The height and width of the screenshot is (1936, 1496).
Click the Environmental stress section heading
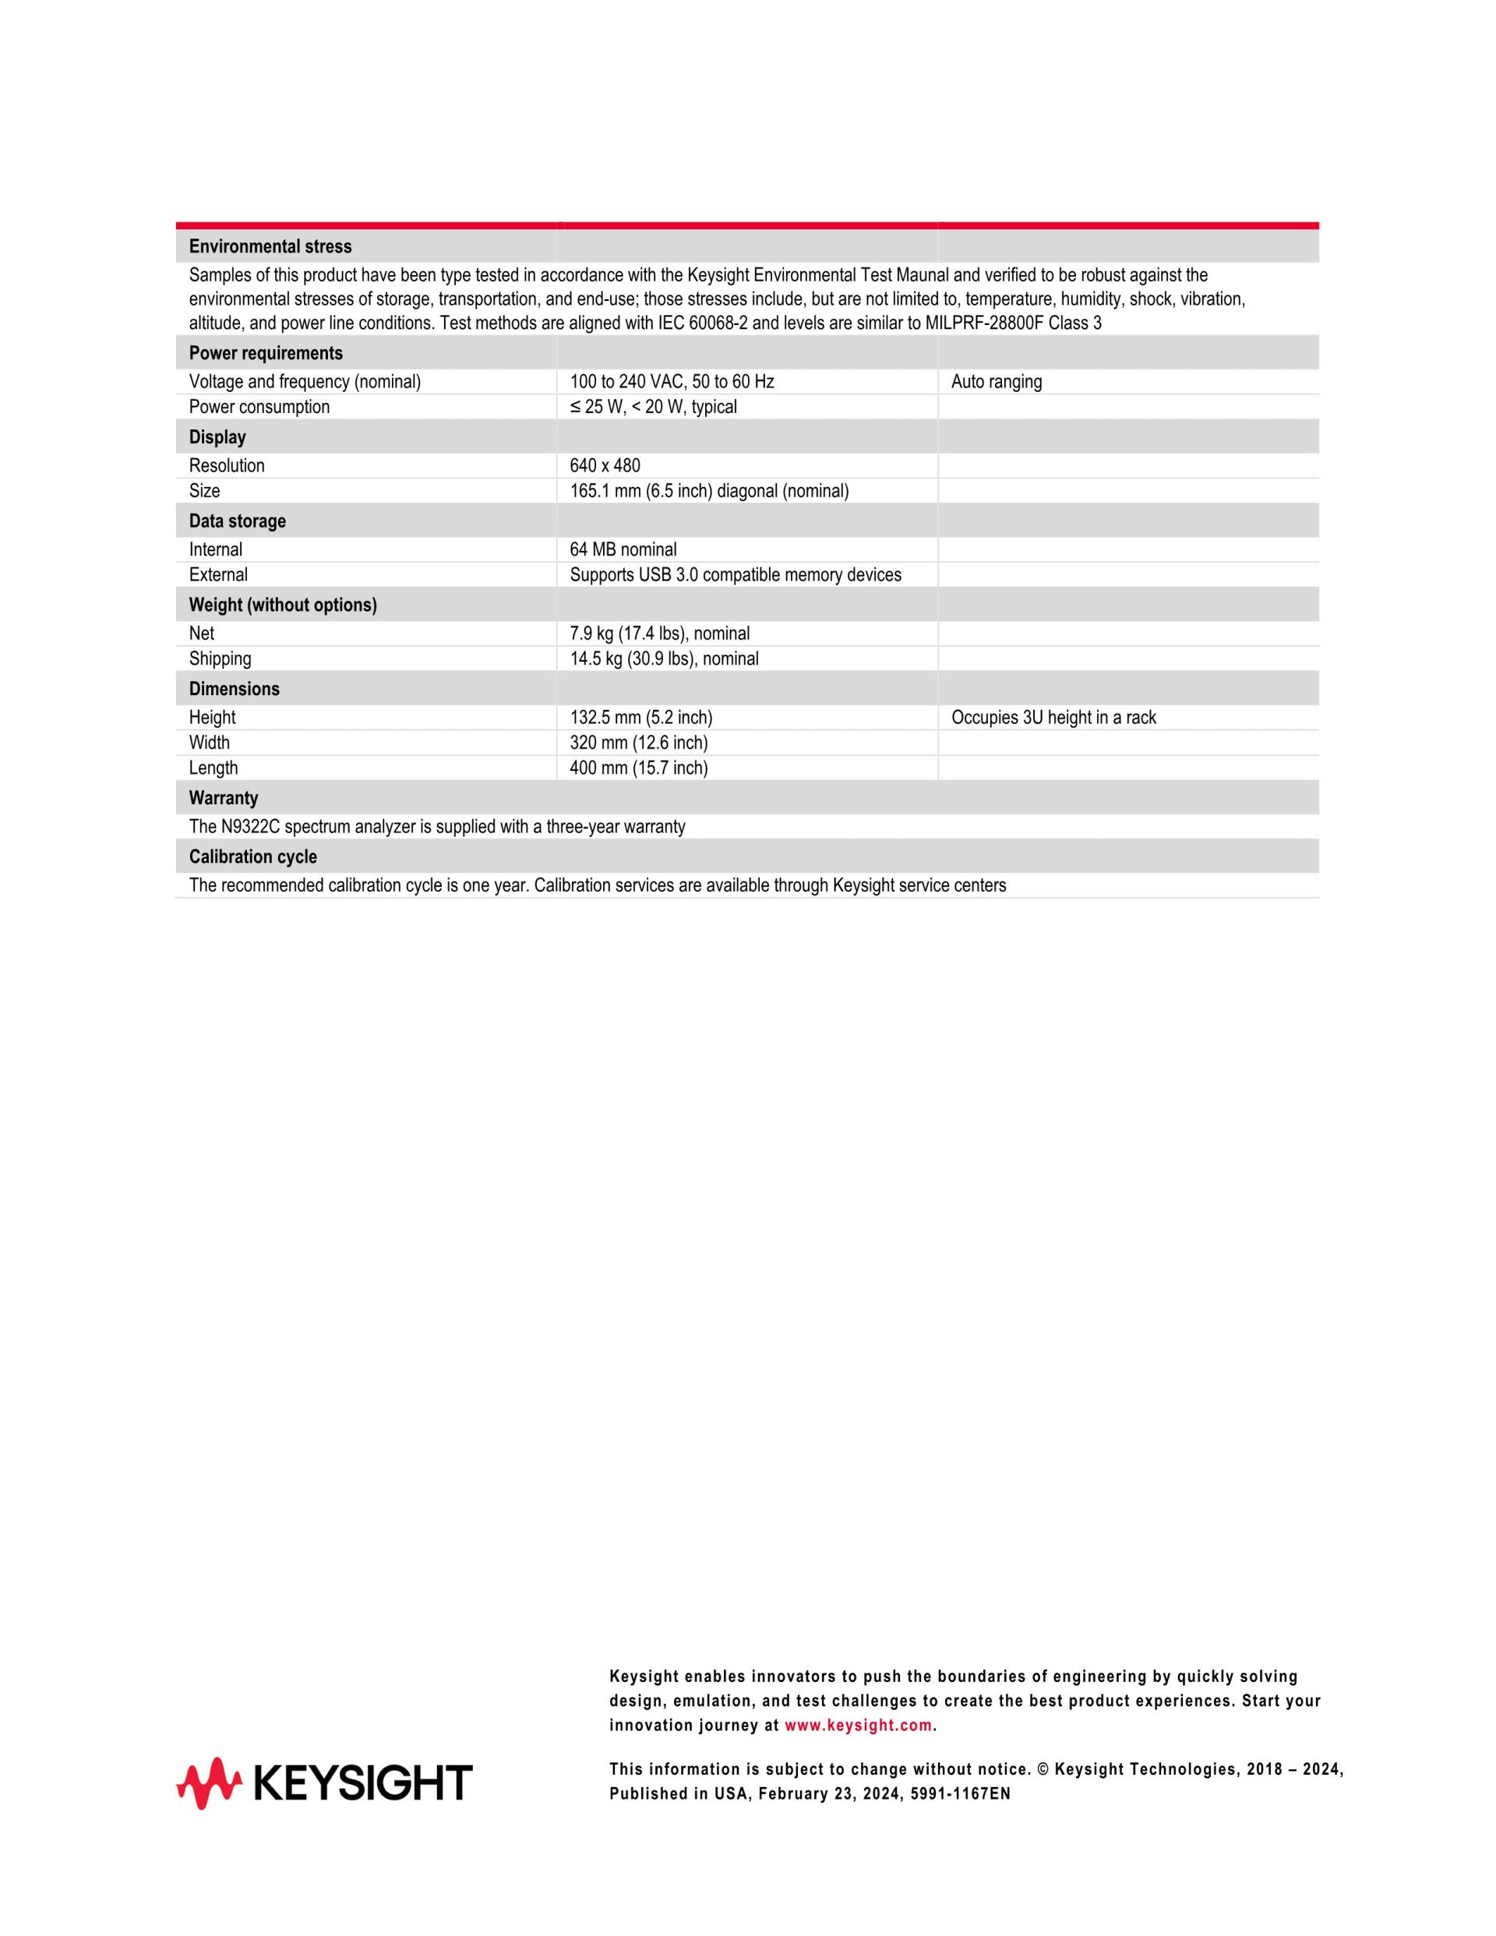(270, 246)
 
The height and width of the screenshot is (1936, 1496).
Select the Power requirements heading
(266, 353)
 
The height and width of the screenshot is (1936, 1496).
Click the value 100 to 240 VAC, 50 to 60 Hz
(672, 382)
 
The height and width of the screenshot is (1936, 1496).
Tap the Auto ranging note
(996, 382)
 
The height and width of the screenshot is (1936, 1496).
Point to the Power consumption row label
(259, 407)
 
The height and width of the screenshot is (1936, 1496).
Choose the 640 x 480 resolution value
(605, 465)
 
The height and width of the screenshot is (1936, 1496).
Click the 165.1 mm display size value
(709, 491)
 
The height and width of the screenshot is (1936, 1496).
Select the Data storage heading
(238, 521)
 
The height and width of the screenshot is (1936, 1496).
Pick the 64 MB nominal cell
(623, 549)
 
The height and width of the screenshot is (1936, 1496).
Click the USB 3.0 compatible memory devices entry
(736, 575)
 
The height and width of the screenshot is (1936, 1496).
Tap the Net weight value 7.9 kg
(659, 634)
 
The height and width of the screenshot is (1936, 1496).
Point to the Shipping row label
(220, 659)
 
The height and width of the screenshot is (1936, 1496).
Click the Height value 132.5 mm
(640, 717)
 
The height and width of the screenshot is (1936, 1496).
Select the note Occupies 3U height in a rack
(1053, 717)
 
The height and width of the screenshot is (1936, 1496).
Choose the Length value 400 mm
(638, 768)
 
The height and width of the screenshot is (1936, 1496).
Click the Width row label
(209, 743)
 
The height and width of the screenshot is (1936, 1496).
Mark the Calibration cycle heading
(252, 857)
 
